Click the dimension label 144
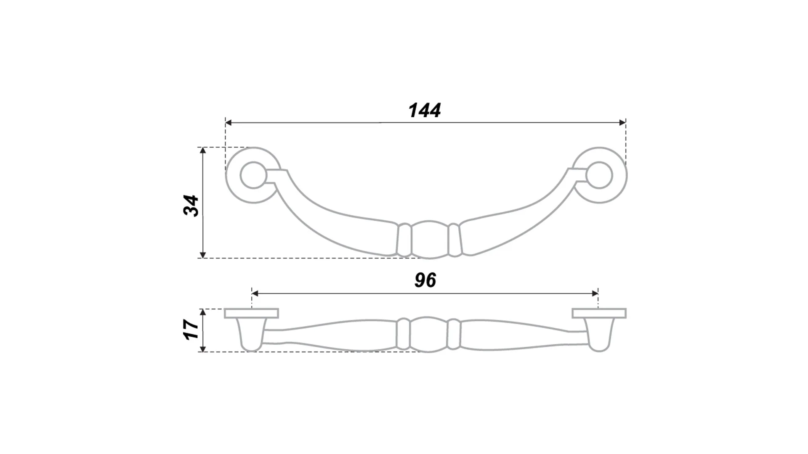pyautogui.click(x=425, y=110)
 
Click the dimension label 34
pyautogui.click(x=191, y=206)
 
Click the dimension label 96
pyautogui.click(x=425, y=280)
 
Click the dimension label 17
pyautogui.click(x=191, y=330)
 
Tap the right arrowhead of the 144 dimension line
pyautogui.click(x=623, y=123)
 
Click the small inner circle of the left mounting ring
pyautogui.click(x=253, y=175)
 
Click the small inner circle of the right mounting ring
pyautogui.click(x=599, y=175)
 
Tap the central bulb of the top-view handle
pyautogui.click(x=429, y=240)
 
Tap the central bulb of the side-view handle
pyautogui.click(x=429, y=334)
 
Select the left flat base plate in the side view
pyautogui.click(x=251, y=313)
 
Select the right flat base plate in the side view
pyautogui.click(x=599, y=313)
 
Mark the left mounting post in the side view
pyautogui.click(x=251, y=334)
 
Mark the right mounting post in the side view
pyautogui.click(x=599, y=334)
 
